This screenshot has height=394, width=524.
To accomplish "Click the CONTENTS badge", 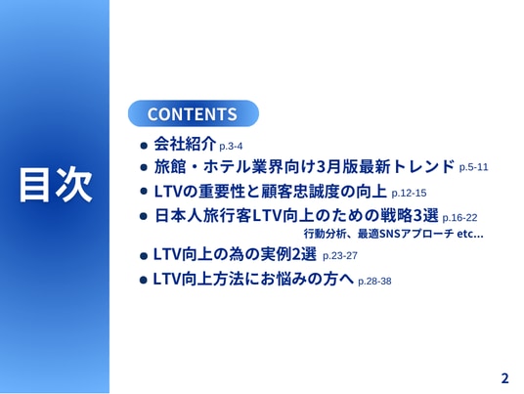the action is click(x=194, y=113).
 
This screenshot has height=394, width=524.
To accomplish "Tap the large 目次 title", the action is click(x=55, y=184).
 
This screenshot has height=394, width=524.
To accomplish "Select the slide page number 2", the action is click(x=505, y=378).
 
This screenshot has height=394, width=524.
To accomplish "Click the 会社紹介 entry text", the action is click(x=185, y=144).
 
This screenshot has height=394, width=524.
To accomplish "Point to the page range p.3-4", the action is click(x=231, y=146).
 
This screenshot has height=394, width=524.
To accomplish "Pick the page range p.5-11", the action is click(x=473, y=167).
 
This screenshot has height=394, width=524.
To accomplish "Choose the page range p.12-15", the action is click(x=409, y=193).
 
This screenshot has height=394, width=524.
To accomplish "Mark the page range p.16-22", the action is click(x=459, y=218).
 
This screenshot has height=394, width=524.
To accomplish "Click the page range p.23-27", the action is click(x=340, y=255).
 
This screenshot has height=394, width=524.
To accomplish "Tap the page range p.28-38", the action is click(x=374, y=281).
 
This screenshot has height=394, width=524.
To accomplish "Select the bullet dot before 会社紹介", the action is click(x=144, y=146).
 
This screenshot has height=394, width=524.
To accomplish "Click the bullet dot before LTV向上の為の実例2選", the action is click(x=144, y=256).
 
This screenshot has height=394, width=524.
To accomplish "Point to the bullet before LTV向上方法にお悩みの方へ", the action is click(x=143, y=280).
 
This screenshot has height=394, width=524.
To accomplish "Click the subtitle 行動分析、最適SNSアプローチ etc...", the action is click(x=393, y=234).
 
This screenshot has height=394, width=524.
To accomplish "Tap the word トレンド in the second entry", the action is click(x=423, y=166).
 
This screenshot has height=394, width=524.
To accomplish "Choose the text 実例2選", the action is click(x=287, y=254).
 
